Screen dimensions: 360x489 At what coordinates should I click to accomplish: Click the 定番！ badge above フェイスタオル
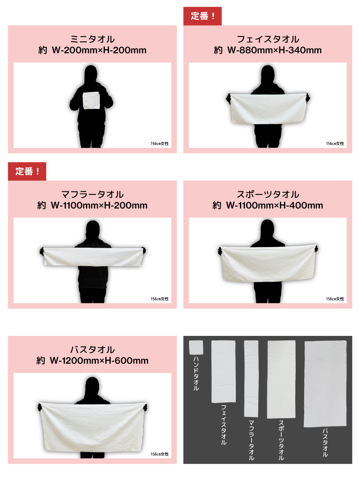coord(202,16)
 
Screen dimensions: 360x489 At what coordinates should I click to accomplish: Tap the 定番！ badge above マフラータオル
coord(27,171)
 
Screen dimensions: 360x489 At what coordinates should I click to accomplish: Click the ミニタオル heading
coord(92,39)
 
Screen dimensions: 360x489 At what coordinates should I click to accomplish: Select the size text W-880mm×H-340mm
coord(274,50)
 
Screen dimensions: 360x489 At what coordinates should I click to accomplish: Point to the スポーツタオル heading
coord(268,195)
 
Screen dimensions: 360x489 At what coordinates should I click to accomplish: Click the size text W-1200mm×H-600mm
coord(99,361)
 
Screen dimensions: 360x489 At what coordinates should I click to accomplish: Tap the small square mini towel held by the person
coord(91,100)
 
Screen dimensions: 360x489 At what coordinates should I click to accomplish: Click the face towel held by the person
coord(268,108)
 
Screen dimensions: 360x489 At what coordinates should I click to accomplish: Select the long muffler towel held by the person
coord(93,257)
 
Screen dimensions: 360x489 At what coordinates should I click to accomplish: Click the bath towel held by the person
coord(93,426)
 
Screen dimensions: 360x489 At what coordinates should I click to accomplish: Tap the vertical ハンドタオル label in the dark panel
coord(196,373)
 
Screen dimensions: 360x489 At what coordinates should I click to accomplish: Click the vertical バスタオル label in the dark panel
coord(325,443)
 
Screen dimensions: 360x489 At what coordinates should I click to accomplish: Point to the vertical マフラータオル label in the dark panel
coord(251,440)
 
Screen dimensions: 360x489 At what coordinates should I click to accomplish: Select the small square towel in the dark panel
coord(196,348)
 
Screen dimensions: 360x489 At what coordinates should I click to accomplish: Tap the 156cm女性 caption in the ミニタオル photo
coord(160,144)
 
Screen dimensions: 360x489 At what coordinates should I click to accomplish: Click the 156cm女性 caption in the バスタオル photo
coord(160,454)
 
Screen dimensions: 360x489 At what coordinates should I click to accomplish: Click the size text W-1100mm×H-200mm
coord(99,205)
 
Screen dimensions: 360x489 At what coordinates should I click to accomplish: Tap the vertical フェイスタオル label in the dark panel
coord(224,425)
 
